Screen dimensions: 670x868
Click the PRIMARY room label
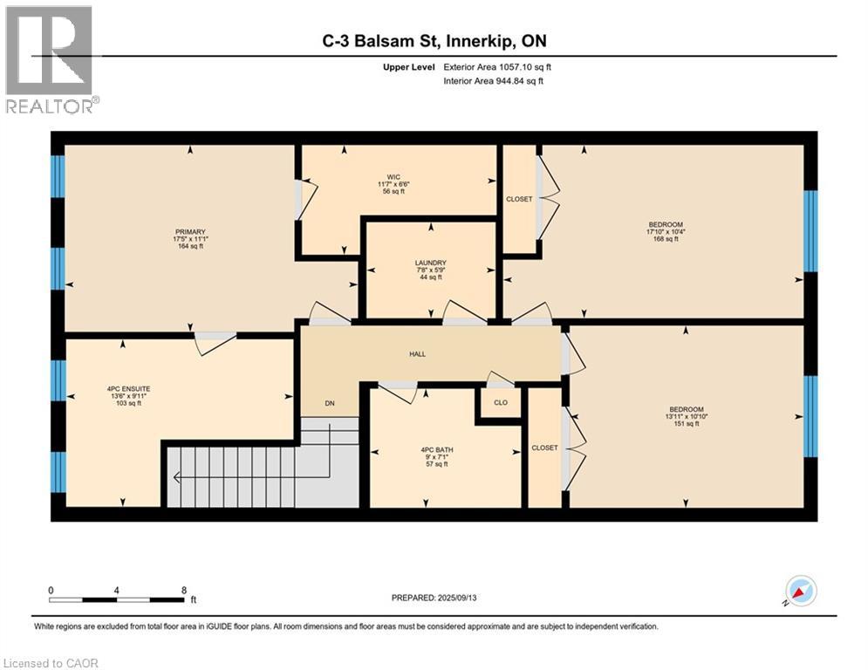190,232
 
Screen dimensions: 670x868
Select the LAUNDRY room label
431,263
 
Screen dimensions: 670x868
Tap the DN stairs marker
329,404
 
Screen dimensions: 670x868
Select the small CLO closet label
500,403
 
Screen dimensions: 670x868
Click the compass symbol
800,591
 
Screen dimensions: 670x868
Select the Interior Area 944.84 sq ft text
494,81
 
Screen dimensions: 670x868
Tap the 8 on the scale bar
183,590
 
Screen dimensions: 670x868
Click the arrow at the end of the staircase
178,477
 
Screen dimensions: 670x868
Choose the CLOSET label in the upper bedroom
519,200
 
